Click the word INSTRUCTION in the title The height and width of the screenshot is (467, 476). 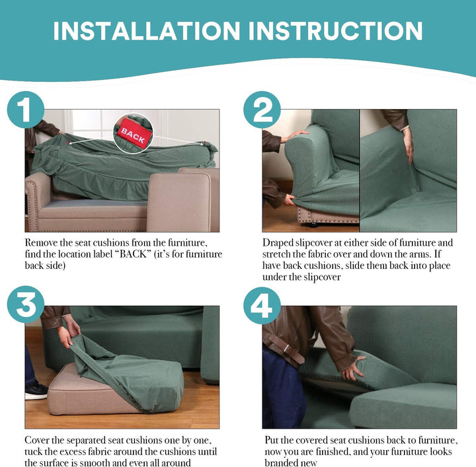[335, 31]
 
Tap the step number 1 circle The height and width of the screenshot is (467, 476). [26, 110]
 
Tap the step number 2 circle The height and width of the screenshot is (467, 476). [262, 110]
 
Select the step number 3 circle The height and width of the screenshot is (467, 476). [26, 305]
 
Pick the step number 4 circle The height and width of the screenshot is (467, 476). [262, 306]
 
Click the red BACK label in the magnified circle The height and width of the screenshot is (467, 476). [133, 133]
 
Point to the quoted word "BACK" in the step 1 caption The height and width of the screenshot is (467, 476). [133, 254]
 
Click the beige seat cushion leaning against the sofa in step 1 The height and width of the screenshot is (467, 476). [178, 202]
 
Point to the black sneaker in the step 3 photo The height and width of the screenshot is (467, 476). [36, 390]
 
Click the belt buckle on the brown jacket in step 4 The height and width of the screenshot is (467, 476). [286, 349]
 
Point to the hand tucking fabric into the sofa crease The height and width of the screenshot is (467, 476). [409, 145]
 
